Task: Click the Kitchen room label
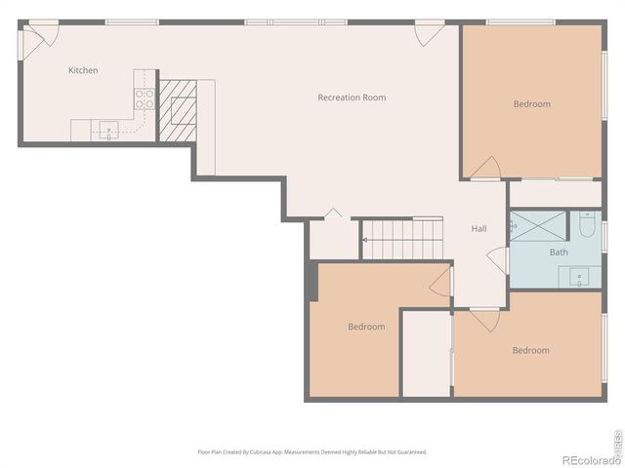click(x=83, y=70)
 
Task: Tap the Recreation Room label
click(x=352, y=97)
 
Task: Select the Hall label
click(x=479, y=229)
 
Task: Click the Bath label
click(x=558, y=253)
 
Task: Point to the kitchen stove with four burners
click(x=144, y=97)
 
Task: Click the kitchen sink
click(x=108, y=128)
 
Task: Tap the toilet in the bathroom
click(x=587, y=226)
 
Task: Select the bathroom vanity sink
click(x=580, y=277)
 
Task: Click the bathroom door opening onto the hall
click(x=500, y=259)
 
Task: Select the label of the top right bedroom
click(x=531, y=104)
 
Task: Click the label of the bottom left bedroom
click(x=366, y=327)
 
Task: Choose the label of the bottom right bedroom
click(x=530, y=350)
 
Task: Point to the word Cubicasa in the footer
click(x=258, y=451)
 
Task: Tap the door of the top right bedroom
click(x=485, y=169)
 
